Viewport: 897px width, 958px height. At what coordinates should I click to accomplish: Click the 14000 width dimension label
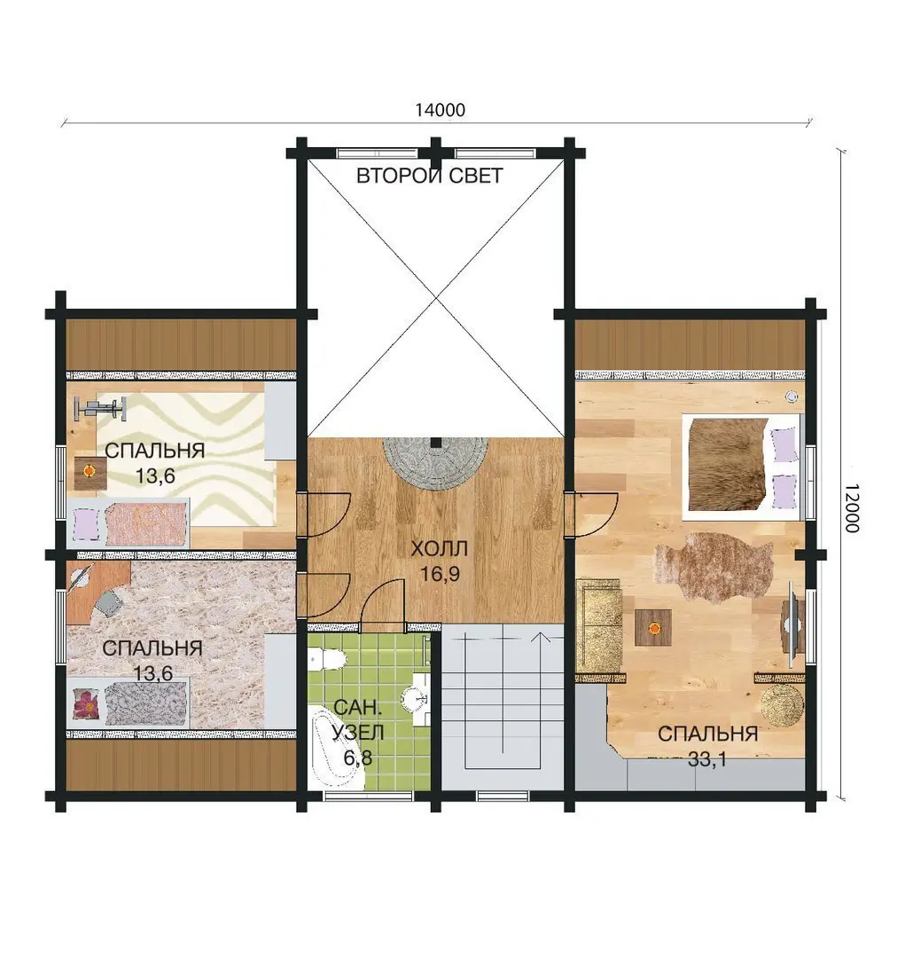[440, 110]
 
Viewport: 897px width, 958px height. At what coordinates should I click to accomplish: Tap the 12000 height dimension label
[852, 507]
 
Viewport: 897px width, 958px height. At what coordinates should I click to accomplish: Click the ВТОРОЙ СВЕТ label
[430, 176]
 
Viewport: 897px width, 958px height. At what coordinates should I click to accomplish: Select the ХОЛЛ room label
[439, 548]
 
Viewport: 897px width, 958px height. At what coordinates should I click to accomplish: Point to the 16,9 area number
[440, 574]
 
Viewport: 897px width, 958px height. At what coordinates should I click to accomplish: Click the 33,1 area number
[707, 759]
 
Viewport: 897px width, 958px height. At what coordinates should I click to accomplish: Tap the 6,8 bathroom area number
[358, 758]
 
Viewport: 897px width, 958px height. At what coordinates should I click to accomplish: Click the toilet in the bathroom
[327, 658]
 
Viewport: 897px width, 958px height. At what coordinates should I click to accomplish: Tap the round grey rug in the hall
[435, 463]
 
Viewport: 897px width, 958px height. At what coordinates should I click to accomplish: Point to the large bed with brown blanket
[742, 464]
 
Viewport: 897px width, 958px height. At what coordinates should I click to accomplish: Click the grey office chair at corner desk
[109, 602]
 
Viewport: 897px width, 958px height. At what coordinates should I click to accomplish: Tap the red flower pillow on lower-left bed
[85, 703]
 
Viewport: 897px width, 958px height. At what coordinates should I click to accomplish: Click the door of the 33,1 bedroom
[592, 514]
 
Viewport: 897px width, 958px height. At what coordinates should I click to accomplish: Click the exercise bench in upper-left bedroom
[100, 408]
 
